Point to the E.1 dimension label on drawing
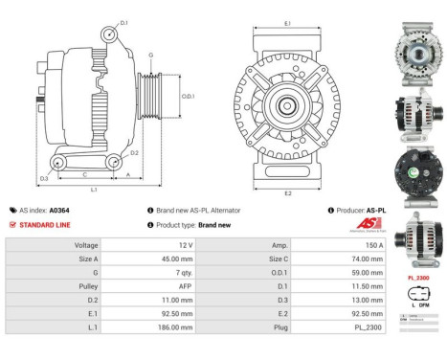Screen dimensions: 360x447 tap(288, 21)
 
